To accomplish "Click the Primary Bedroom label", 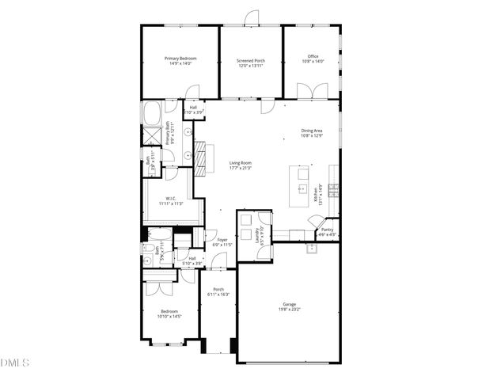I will pyautogui.click(x=180, y=61).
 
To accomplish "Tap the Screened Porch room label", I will pyautogui.click(x=251, y=63).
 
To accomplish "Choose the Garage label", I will pyautogui.click(x=290, y=306).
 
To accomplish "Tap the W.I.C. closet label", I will pyautogui.click(x=170, y=201).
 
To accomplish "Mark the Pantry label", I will pyautogui.click(x=327, y=231).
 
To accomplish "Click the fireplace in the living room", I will pyautogui.click(x=204, y=156).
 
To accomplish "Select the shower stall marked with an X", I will pyautogui.click(x=150, y=138).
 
